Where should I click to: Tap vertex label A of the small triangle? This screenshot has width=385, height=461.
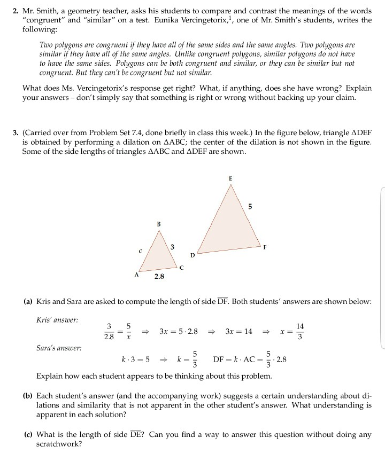click(136, 275)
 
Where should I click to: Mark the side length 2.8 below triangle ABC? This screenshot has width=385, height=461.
click(159, 277)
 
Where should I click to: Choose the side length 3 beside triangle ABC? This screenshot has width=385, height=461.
click(172, 246)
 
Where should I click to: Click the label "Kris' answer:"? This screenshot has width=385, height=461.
click(57, 320)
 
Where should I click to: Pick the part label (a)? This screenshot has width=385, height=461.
click(28, 302)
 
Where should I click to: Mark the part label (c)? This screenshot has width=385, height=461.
click(28, 434)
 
